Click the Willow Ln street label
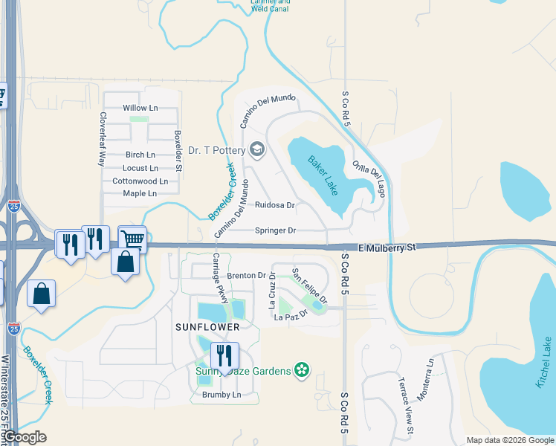tap(140, 108)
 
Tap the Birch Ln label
tap(140, 155)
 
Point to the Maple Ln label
tap(140, 193)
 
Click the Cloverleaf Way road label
tap(103, 138)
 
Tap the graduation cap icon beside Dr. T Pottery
tap(257, 150)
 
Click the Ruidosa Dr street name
tap(275, 205)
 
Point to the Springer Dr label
tap(276, 230)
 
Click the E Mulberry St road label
tap(386, 248)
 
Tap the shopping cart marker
tap(132, 239)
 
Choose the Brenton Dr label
tap(247, 275)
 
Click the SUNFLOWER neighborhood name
tap(207, 326)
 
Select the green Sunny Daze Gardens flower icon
tap(301, 369)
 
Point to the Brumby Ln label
tap(222, 395)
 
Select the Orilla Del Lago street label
tap(369, 178)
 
